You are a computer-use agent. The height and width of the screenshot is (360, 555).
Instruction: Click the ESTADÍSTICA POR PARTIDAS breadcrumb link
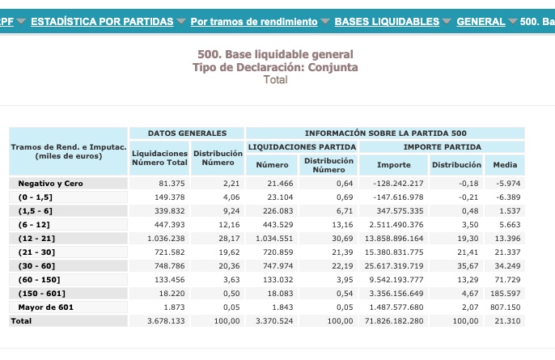click(x=102, y=21)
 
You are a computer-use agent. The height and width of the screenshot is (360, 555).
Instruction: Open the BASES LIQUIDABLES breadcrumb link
click(x=387, y=21)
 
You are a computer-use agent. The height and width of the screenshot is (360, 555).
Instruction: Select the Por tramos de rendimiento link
click(x=254, y=21)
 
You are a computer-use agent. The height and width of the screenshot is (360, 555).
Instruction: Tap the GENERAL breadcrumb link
click(x=481, y=21)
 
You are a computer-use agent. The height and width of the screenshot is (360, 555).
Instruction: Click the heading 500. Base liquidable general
click(x=276, y=54)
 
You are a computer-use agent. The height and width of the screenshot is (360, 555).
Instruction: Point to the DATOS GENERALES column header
click(x=187, y=133)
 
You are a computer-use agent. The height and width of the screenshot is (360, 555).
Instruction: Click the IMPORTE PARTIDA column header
click(x=442, y=146)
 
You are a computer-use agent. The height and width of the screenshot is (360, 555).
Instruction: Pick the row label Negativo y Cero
click(x=50, y=184)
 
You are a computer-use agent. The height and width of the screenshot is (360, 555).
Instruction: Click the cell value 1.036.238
click(x=167, y=239)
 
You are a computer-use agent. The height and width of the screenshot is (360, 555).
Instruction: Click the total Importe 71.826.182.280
click(x=393, y=321)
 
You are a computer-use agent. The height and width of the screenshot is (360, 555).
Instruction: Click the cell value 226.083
click(x=276, y=211)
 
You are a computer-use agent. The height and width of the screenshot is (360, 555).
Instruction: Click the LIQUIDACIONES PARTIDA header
click(x=302, y=146)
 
